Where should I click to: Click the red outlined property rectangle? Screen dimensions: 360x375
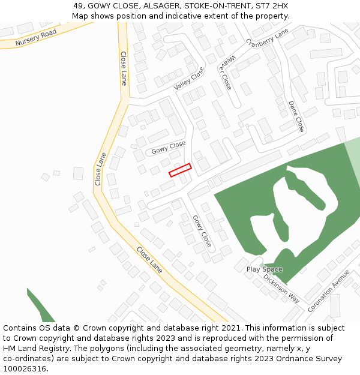(180, 170)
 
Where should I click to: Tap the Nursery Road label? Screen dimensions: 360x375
(36, 38)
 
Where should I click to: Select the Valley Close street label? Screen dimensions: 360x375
(190, 79)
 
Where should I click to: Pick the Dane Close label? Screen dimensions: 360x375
(296, 116)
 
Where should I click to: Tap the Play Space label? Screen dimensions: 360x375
(264, 269)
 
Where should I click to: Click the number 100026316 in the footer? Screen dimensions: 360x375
(25, 369)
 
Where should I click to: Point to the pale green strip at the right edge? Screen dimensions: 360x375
(354, 162)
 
